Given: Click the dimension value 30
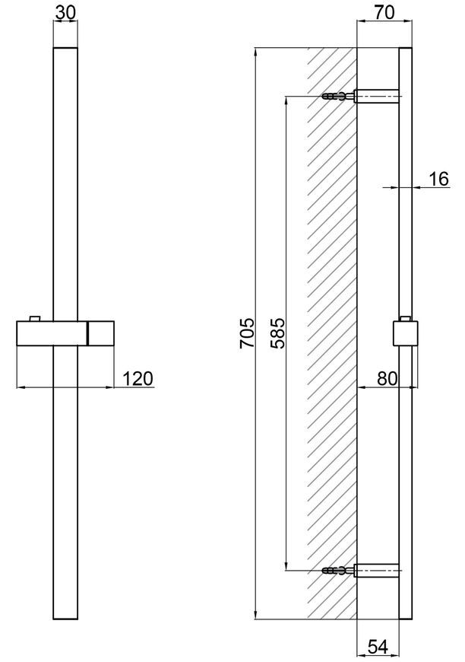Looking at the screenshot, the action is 65,12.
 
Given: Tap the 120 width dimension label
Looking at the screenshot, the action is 138,378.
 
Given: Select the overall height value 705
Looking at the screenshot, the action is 248,333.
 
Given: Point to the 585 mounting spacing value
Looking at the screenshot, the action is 277,333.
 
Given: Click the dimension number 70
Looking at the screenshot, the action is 384,12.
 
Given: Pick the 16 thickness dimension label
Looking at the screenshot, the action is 439,179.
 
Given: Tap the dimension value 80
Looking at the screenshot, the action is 387,378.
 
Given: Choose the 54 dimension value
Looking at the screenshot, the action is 378,647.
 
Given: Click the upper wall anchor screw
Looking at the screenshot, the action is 337,97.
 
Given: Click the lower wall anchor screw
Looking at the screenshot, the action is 337,571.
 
